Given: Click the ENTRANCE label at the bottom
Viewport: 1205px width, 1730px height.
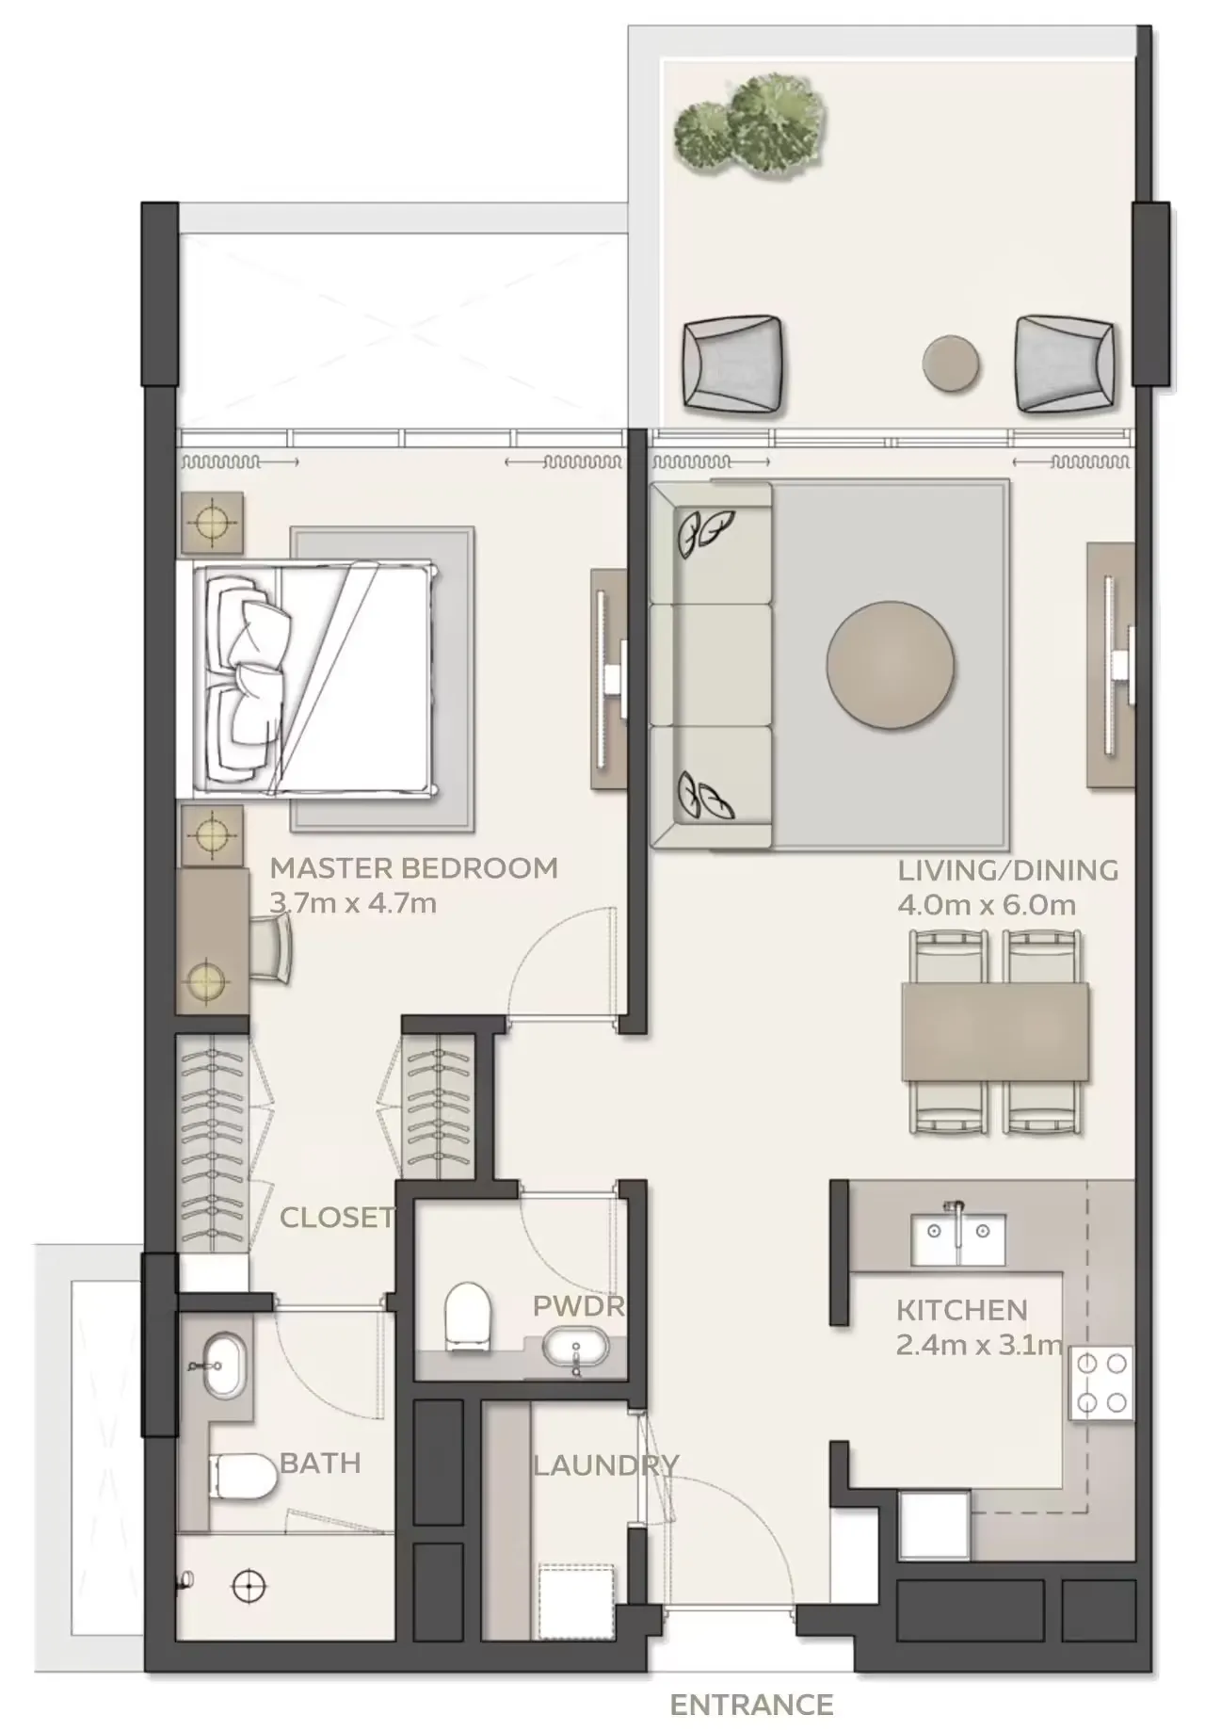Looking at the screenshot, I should tap(751, 1704).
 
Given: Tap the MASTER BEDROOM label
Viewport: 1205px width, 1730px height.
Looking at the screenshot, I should tap(413, 867).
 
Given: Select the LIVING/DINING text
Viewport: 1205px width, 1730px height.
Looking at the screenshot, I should tap(1007, 869).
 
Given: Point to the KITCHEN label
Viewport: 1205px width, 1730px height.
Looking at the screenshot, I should tap(961, 1309).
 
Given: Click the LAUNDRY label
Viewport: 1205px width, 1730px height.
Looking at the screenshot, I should tap(604, 1464).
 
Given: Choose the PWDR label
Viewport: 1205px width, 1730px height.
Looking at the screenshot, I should tap(578, 1305).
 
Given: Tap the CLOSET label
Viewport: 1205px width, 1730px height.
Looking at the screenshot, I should tap(336, 1217).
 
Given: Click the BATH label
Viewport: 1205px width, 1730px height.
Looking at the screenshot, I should tap(320, 1463).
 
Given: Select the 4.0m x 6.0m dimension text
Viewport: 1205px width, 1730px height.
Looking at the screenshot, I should tap(987, 905).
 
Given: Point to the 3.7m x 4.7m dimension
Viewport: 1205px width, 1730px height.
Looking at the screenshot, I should tap(352, 903).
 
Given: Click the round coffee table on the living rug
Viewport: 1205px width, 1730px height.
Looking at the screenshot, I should tap(891, 664).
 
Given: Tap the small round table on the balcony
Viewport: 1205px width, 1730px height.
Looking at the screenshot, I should tap(952, 363).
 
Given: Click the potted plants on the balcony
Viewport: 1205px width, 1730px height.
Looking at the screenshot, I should tap(751, 125).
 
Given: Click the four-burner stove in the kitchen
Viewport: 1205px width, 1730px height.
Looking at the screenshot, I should tap(1101, 1382).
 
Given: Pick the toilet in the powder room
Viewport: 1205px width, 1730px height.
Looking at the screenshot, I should tap(468, 1312).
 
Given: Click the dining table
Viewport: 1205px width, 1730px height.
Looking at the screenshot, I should tap(995, 1031).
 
